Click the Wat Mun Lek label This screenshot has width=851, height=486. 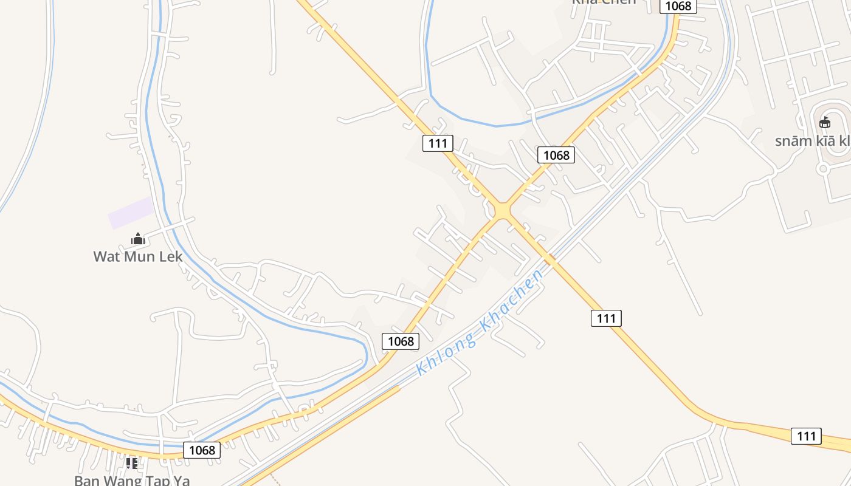click(138, 256)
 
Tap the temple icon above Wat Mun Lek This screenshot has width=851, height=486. click(138, 239)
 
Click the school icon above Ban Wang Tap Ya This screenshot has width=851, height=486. click(131, 464)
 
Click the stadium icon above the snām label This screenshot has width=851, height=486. click(825, 123)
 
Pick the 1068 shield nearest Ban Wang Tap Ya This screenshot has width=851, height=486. click(202, 450)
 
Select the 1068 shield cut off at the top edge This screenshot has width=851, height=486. click(678, 5)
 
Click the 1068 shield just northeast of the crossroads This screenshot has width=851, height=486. click(556, 155)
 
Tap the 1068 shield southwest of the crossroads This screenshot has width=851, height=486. click(401, 341)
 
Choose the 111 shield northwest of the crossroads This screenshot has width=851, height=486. click(438, 143)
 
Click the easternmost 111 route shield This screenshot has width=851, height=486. click(806, 436)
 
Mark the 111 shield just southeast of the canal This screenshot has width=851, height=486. click(606, 318)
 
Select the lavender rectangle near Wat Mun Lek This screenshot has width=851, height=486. click(131, 213)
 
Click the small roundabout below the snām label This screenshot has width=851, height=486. click(823, 169)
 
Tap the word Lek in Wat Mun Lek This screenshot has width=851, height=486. click(170, 256)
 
